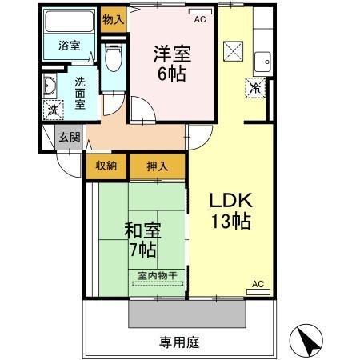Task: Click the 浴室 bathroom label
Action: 70,45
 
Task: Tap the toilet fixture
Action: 113,58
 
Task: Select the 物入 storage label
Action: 114,18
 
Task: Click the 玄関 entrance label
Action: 69,137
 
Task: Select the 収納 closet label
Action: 107,166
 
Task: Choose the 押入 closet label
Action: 157,166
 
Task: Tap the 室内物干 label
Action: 157,276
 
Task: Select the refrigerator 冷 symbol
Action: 255,88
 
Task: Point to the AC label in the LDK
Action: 258,284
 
